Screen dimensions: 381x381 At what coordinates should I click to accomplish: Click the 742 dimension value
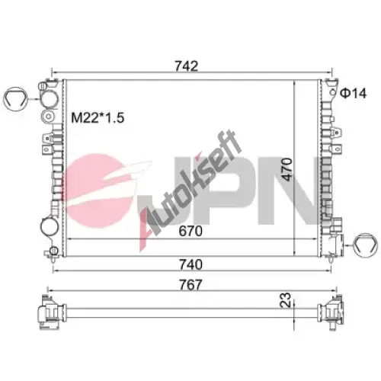pos(186,66)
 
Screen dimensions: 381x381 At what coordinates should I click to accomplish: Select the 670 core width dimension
pos(190,231)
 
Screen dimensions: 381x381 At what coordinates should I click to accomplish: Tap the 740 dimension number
pos(190,264)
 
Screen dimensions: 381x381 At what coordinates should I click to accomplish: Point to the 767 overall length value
pos(190,285)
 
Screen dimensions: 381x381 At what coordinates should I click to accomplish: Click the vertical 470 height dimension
pos(287,169)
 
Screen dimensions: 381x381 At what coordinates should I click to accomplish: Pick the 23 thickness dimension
pos(286,300)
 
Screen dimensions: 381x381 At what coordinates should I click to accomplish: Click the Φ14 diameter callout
pos(354,93)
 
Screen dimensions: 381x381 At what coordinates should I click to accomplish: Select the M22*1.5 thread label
pos(98,117)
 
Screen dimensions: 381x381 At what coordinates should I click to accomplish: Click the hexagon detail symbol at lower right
pos(366,245)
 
